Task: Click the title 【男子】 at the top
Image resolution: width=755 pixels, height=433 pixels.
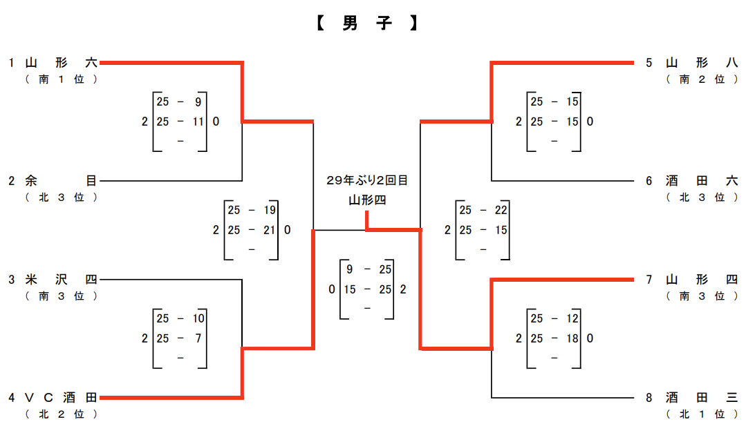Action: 367,23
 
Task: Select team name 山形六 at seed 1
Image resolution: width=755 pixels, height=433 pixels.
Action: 61,63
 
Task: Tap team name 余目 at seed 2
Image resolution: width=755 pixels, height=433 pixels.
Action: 61,181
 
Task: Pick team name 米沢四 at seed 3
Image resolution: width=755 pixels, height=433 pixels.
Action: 61,280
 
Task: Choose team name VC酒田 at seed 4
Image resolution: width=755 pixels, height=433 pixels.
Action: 61,398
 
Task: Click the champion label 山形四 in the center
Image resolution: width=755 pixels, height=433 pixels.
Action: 367,201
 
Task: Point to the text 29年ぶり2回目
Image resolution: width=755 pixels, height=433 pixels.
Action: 367,180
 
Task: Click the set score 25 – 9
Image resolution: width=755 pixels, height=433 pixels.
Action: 179,102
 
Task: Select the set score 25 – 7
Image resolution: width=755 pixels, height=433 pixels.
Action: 179,338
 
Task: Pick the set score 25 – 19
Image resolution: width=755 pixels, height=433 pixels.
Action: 251,210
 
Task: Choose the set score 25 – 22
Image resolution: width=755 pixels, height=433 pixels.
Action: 483,210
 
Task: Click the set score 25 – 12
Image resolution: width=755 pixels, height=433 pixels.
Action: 554,319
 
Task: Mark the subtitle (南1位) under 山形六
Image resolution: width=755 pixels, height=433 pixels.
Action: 61,79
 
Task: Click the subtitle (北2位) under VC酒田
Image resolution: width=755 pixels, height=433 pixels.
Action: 61,414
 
